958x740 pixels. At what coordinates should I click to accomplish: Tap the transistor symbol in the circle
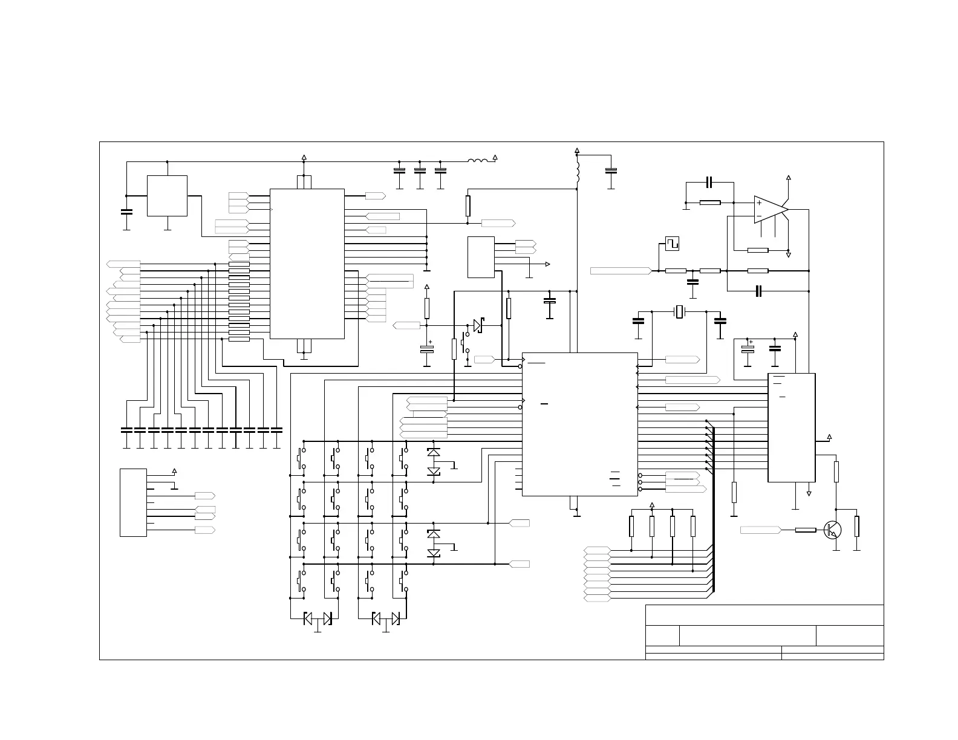[832, 530]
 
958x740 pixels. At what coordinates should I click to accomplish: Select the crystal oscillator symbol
[679, 312]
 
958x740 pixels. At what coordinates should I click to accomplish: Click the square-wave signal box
[672, 243]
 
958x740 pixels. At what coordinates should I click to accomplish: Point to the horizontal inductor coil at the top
[478, 161]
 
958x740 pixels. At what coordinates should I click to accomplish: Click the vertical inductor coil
[578, 172]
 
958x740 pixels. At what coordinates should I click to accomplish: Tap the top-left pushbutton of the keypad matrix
[301, 458]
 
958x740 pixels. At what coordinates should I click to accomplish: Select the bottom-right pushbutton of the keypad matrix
[402, 581]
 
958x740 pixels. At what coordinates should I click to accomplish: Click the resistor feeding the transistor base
[805, 530]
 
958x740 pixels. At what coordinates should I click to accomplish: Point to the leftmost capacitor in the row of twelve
[126, 430]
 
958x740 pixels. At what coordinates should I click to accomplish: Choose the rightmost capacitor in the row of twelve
[276, 430]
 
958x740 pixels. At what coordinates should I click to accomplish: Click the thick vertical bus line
[714, 508]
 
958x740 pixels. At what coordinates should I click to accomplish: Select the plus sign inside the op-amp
[760, 203]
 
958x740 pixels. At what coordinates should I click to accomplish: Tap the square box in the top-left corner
[167, 195]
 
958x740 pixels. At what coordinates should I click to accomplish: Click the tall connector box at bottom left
[133, 502]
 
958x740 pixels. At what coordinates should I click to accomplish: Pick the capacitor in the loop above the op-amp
[710, 182]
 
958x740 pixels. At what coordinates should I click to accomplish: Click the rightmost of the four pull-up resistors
[692, 526]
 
